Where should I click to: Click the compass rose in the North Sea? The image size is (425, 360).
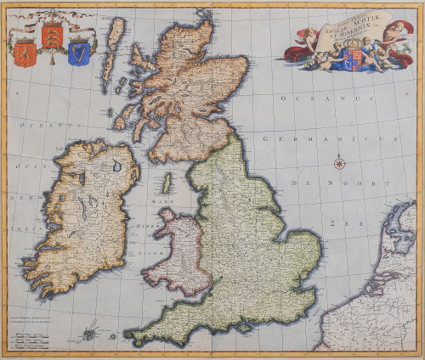click(338, 162)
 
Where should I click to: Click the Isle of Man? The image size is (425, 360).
click(167, 183)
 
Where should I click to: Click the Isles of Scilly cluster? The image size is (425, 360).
click(88, 333)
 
